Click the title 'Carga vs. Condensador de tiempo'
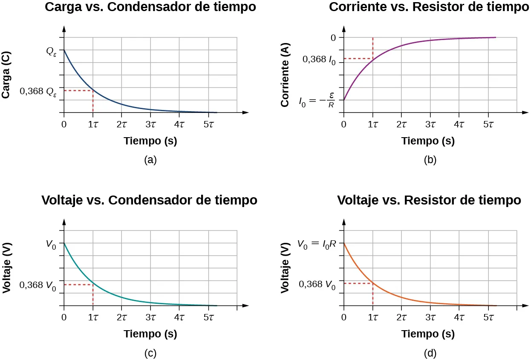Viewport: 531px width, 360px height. coord(150,7)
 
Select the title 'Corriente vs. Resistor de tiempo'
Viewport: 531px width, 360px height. coord(429,7)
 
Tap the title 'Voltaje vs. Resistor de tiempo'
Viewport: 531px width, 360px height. coord(429,200)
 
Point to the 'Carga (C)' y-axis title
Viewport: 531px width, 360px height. coord(6,75)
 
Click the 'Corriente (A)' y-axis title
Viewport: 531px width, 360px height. coord(286,75)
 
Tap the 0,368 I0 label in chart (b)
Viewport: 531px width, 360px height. coord(319,60)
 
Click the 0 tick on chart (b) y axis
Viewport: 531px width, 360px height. coord(333,37)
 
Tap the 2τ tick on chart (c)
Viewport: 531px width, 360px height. coord(121,317)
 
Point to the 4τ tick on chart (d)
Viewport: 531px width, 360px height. coord(459,317)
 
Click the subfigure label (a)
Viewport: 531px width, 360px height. coord(150,160)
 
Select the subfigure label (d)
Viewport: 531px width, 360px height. coord(430,353)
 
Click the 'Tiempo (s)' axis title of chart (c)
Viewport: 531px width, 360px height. coord(150,334)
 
